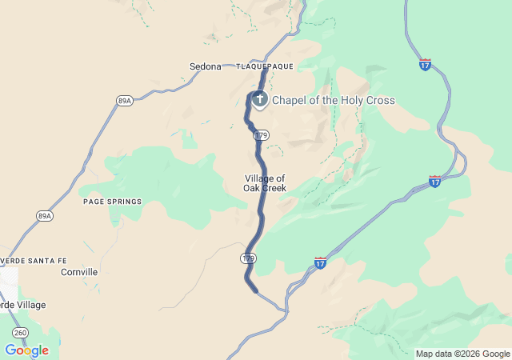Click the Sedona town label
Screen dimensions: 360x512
click(x=205, y=66)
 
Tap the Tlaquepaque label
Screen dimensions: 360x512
click(x=265, y=66)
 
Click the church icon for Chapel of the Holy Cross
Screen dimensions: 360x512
click(x=259, y=100)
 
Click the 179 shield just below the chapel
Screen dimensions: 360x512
click(x=262, y=135)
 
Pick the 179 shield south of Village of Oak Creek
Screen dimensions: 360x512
click(x=248, y=258)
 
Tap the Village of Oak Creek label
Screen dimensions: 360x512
click(x=264, y=183)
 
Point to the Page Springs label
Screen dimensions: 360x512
click(x=112, y=202)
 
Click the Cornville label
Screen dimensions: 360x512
click(x=79, y=272)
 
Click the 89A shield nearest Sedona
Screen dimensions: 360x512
click(x=124, y=101)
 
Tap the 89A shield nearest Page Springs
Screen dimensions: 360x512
click(x=44, y=216)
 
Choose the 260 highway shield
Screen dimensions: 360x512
click(x=20, y=332)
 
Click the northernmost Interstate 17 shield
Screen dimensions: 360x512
click(x=425, y=64)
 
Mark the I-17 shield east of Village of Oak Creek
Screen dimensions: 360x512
click(x=434, y=182)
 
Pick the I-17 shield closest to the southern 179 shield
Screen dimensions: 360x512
click(x=320, y=262)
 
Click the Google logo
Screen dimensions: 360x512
click(x=26, y=350)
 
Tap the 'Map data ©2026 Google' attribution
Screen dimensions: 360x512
click(x=462, y=354)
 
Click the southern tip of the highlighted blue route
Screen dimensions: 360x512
click(x=255, y=290)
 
